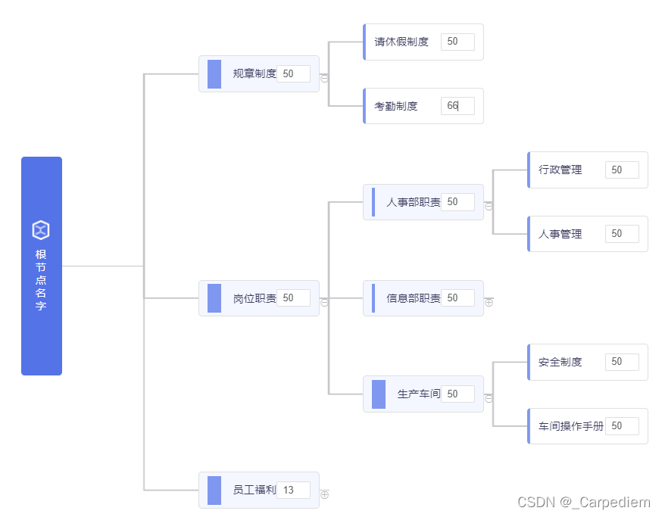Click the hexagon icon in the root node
[x=41, y=230]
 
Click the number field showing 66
[x=457, y=106]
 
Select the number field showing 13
[x=293, y=491]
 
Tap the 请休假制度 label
[x=401, y=42]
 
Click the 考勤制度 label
[x=396, y=106]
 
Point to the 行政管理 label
[x=561, y=170]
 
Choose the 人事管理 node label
[x=561, y=234]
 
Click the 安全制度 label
[x=561, y=362]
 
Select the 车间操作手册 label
[x=571, y=426]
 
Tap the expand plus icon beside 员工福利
[x=324, y=494]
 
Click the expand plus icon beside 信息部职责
[x=489, y=302]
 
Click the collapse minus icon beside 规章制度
[x=324, y=78]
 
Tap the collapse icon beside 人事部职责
[x=489, y=206]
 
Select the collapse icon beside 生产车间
[x=489, y=398]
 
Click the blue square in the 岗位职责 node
[x=214, y=298]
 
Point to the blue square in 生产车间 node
[x=379, y=394]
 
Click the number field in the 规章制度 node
[x=293, y=74]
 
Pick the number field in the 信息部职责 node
[x=457, y=298]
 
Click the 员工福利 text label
[x=254, y=491]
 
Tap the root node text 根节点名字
[x=41, y=280]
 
